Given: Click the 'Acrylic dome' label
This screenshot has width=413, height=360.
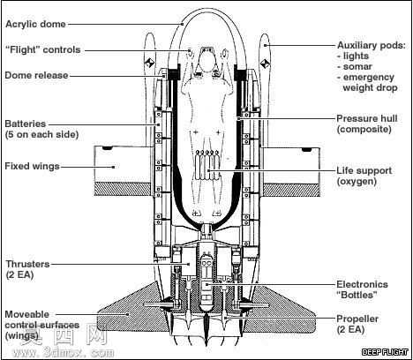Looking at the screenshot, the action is point(35,24).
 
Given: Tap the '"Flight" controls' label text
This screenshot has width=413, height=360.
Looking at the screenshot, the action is point(43,49).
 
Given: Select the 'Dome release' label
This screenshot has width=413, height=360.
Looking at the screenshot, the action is point(36,75).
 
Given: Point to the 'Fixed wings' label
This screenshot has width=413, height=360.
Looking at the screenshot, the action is point(32,166).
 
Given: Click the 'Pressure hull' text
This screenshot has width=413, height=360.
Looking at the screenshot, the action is point(367,118).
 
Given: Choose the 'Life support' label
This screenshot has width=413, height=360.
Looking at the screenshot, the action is point(364,170).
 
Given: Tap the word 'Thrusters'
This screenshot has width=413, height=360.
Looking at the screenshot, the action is point(27,264).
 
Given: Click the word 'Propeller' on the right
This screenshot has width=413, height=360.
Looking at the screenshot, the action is point(357,319).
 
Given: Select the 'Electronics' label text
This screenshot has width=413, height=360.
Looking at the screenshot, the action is point(362,284).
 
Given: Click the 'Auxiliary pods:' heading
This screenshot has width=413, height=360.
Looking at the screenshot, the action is point(372,45).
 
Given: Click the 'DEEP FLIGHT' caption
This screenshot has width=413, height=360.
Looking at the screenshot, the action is point(385,352).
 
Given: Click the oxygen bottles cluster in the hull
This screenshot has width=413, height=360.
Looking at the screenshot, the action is point(206,165).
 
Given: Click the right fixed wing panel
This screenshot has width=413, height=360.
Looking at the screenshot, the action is point(291,171).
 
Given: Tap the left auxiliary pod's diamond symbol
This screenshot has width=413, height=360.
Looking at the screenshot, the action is point(150,63).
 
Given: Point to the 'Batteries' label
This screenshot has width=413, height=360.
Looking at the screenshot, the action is point(26,124).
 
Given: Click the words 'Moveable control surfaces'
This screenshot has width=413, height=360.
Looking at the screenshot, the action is point(41,319).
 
